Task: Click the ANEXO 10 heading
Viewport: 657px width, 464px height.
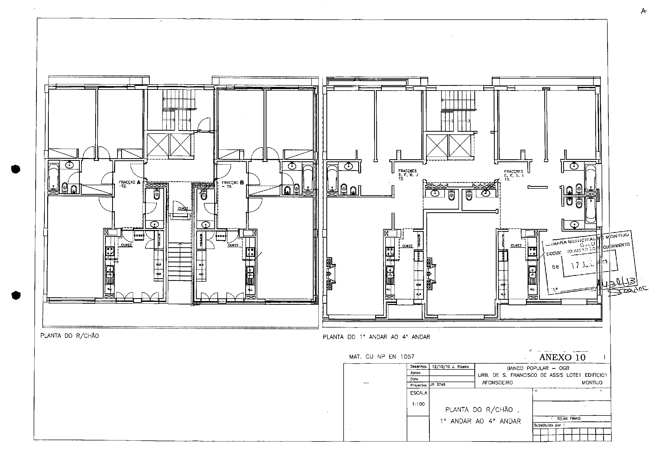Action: [562, 357]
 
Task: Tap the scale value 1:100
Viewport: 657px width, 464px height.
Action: [418, 404]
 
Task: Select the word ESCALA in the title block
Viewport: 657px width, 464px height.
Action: [418, 393]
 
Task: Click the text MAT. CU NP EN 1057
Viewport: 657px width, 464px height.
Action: [382, 357]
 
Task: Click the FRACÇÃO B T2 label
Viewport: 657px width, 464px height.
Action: [232, 184]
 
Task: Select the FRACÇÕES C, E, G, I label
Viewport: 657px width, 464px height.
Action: [514, 175]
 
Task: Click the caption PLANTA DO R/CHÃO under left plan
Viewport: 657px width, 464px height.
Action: [69, 336]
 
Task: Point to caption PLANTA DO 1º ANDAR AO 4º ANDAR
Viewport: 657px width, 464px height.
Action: [376, 337]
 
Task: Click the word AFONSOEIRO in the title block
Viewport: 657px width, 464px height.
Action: [497, 383]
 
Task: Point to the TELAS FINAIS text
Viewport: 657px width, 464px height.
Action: [569, 418]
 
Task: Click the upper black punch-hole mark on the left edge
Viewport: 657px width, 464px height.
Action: [16, 169]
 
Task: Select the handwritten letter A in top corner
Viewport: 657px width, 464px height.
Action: [643, 11]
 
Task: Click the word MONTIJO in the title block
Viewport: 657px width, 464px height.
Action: [592, 383]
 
